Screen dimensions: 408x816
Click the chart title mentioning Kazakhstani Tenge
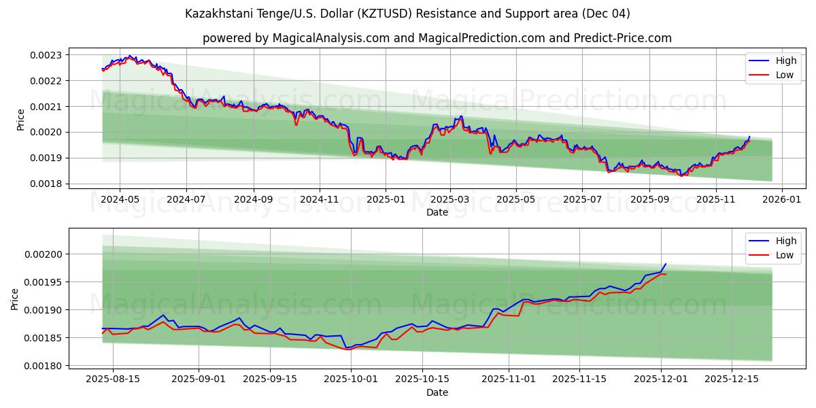pyautogui.click(x=408, y=14)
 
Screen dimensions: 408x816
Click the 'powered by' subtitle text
pyautogui.click(x=437, y=38)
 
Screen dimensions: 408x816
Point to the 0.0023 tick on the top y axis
pyautogui.click(x=47, y=55)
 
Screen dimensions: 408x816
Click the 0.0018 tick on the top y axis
pyautogui.click(x=47, y=184)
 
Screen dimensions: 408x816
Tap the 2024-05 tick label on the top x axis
pyautogui.click(x=120, y=200)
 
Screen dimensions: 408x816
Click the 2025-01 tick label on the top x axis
pyautogui.click(x=386, y=200)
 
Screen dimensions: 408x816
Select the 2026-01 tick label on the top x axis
pyautogui.click(x=781, y=200)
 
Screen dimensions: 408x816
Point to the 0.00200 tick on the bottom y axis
pyautogui.click(x=44, y=254)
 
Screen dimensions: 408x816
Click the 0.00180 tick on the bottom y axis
pyautogui.click(x=44, y=366)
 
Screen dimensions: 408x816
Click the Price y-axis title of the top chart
pyautogui.click(x=20, y=120)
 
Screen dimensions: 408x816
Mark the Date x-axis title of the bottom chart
pyautogui.click(x=437, y=392)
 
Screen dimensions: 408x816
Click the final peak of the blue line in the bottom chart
pyautogui.click(x=666, y=264)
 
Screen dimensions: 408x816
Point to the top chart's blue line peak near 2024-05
pyautogui.click(x=129, y=56)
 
